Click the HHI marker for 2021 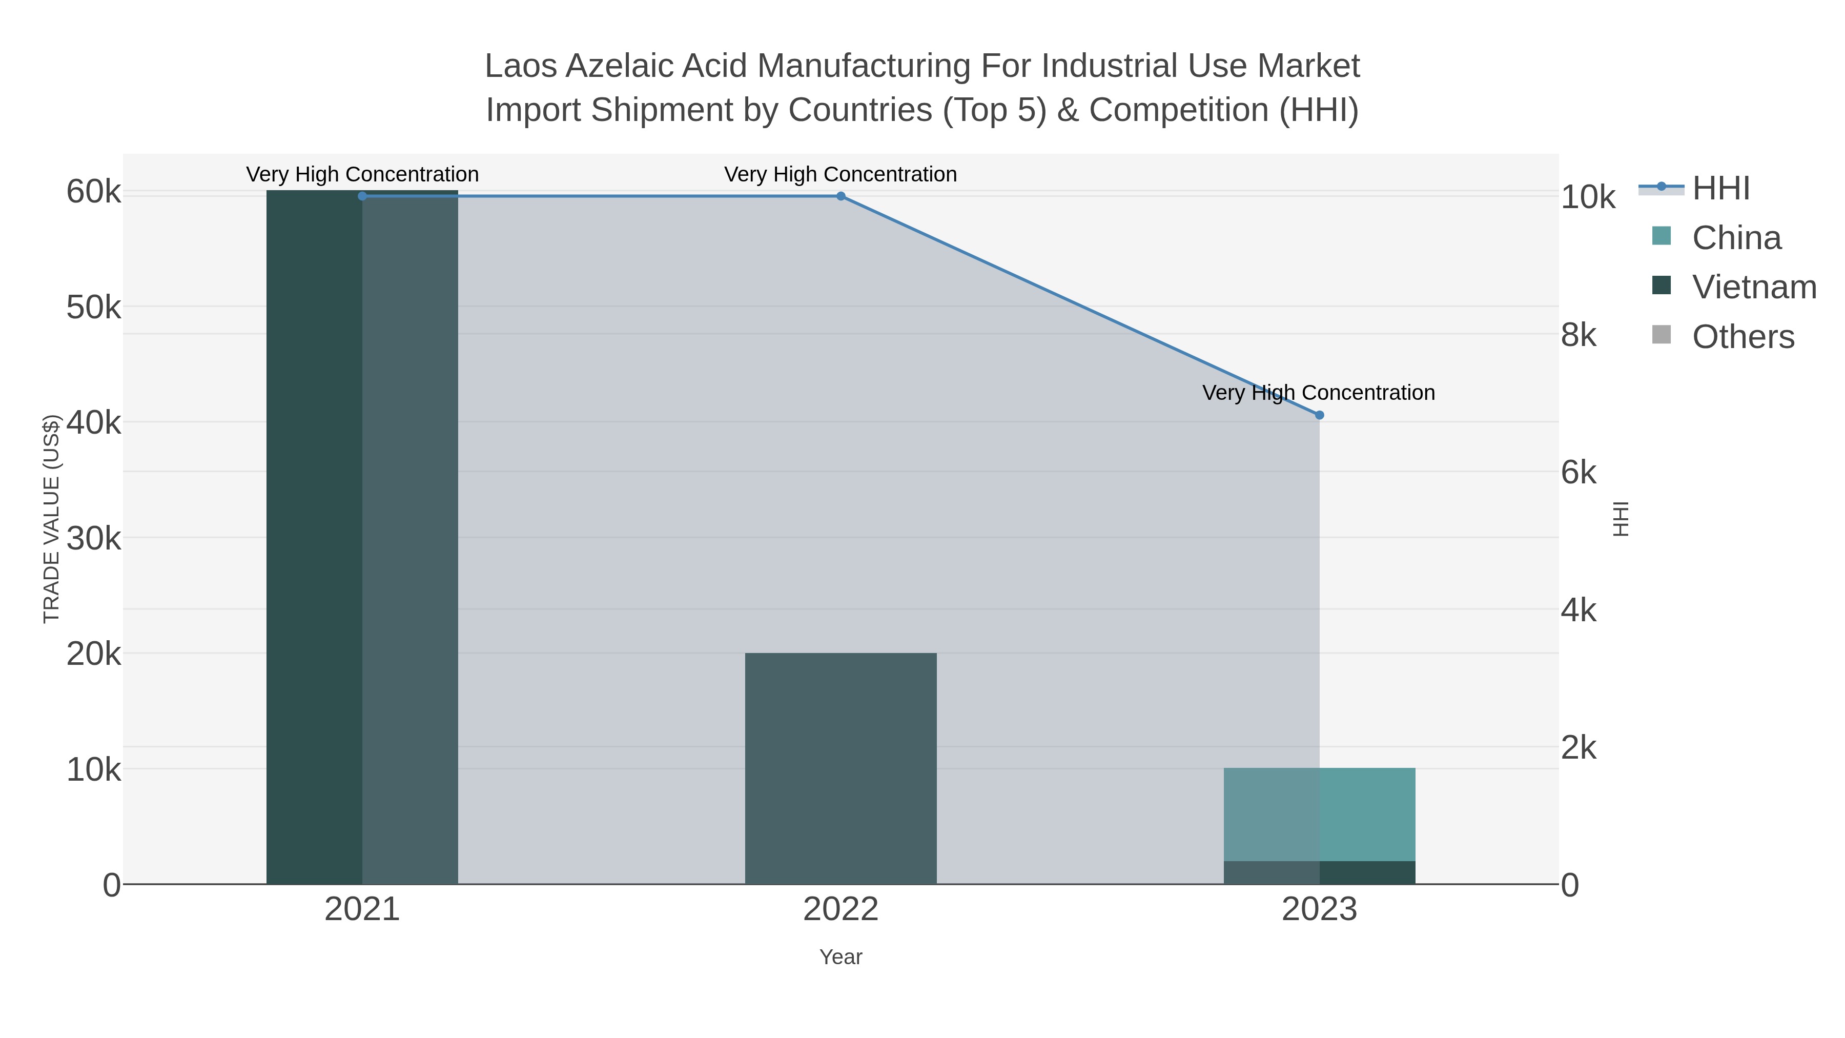pyautogui.click(x=362, y=196)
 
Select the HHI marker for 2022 pyautogui.click(x=841, y=196)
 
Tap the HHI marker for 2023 pyautogui.click(x=1319, y=415)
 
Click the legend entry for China pyautogui.click(x=1736, y=238)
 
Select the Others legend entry pyautogui.click(x=1742, y=337)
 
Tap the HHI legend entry pyautogui.click(x=1720, y=189)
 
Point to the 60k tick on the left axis pyautogui.click(x=94, y=192)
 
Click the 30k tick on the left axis pyautogui.click(x=94, y=539)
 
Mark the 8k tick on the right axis pyautogui.click(x=1578, y=335)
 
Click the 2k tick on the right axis pyautogui.click(x=1578, y=748)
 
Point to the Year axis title pyautogui.click(x=841, y=957)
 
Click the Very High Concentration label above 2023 pyautogui.click(x=1319, y=393)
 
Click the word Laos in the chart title pyautogui.click(x=521, y=66)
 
